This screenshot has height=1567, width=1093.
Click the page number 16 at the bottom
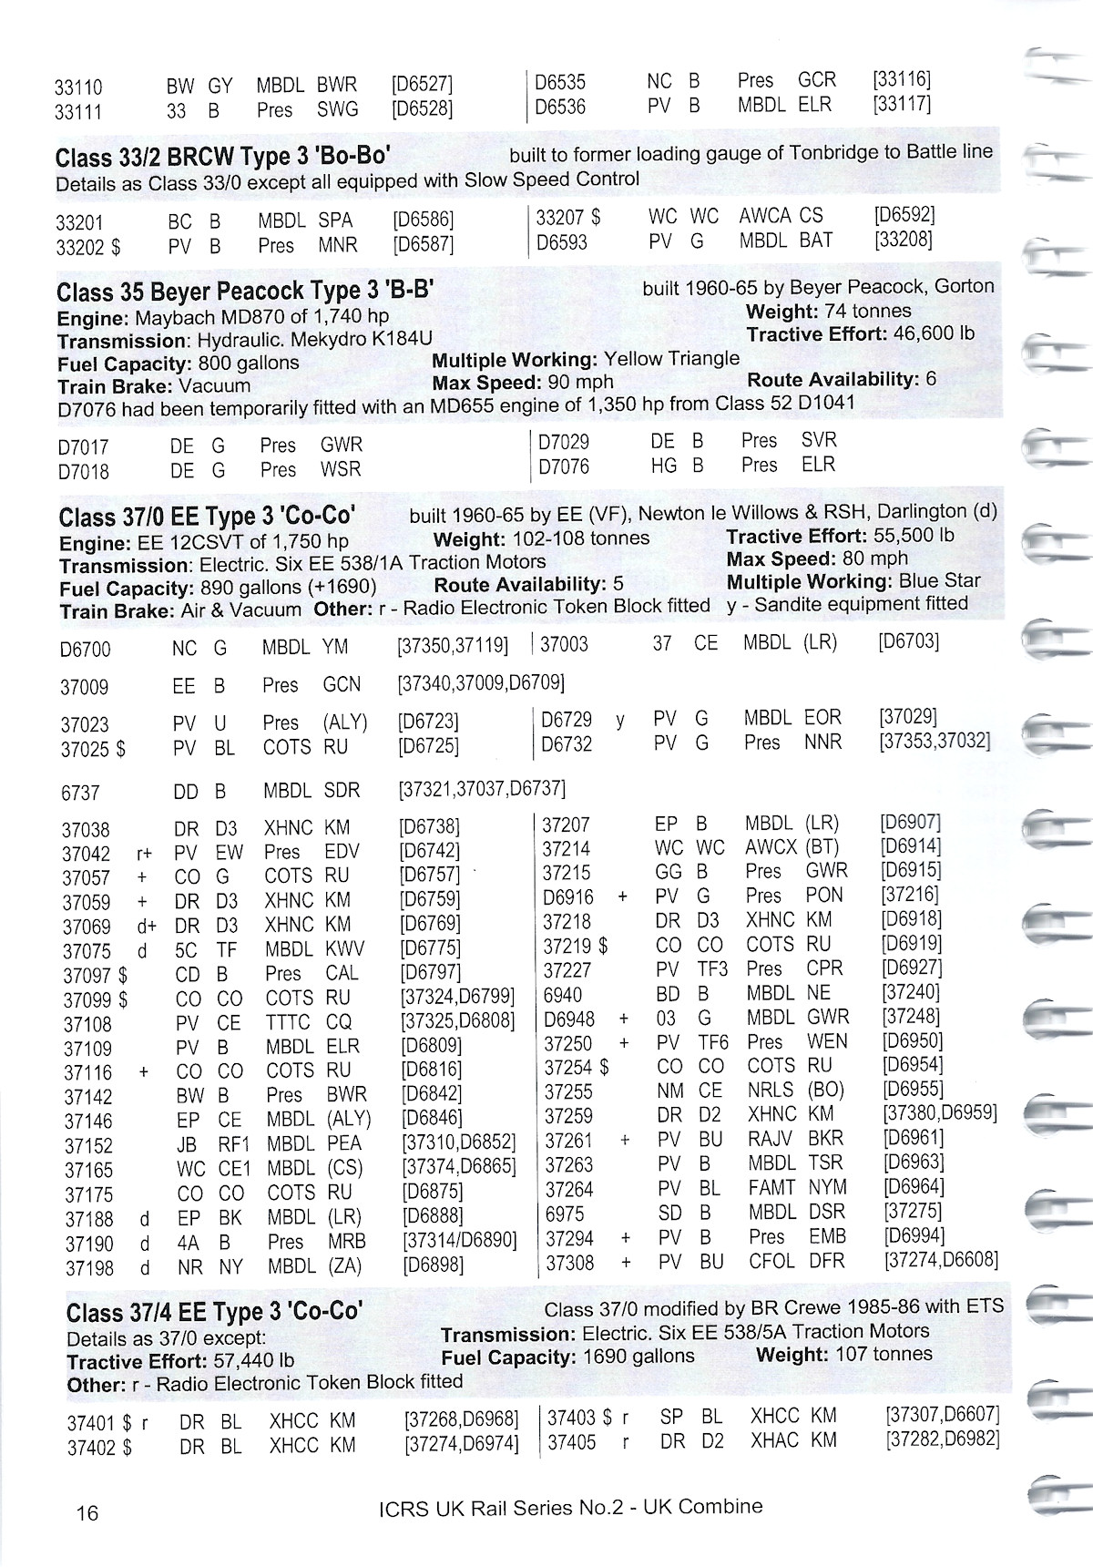87,1513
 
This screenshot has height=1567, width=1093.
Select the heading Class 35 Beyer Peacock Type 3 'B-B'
244,292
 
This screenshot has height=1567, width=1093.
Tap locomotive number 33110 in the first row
78,87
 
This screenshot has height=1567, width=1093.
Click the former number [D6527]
421,85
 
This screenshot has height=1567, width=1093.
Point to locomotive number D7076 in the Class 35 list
564,466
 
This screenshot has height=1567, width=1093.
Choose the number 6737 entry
79,793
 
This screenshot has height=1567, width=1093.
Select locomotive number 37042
86,854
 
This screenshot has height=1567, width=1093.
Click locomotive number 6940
562,994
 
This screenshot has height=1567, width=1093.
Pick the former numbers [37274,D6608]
941,1260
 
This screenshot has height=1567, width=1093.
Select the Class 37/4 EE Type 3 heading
214,1312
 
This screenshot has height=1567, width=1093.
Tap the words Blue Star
939,580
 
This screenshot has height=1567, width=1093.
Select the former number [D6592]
904,216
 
